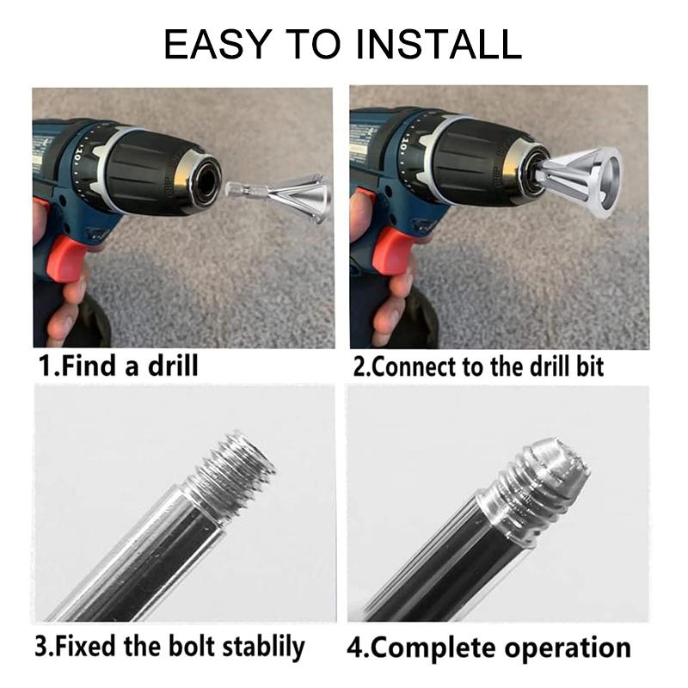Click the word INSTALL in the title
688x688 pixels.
[x=439, y=44]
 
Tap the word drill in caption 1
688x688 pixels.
[x=173, y=365]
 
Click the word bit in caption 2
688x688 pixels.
[x=590, y=367]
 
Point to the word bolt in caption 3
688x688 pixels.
[x=192, y=646]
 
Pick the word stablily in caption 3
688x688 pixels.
[x=263, y=647]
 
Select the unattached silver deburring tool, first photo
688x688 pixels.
[x=281, y=196]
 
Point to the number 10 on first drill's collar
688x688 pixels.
[x=77, y=155]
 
